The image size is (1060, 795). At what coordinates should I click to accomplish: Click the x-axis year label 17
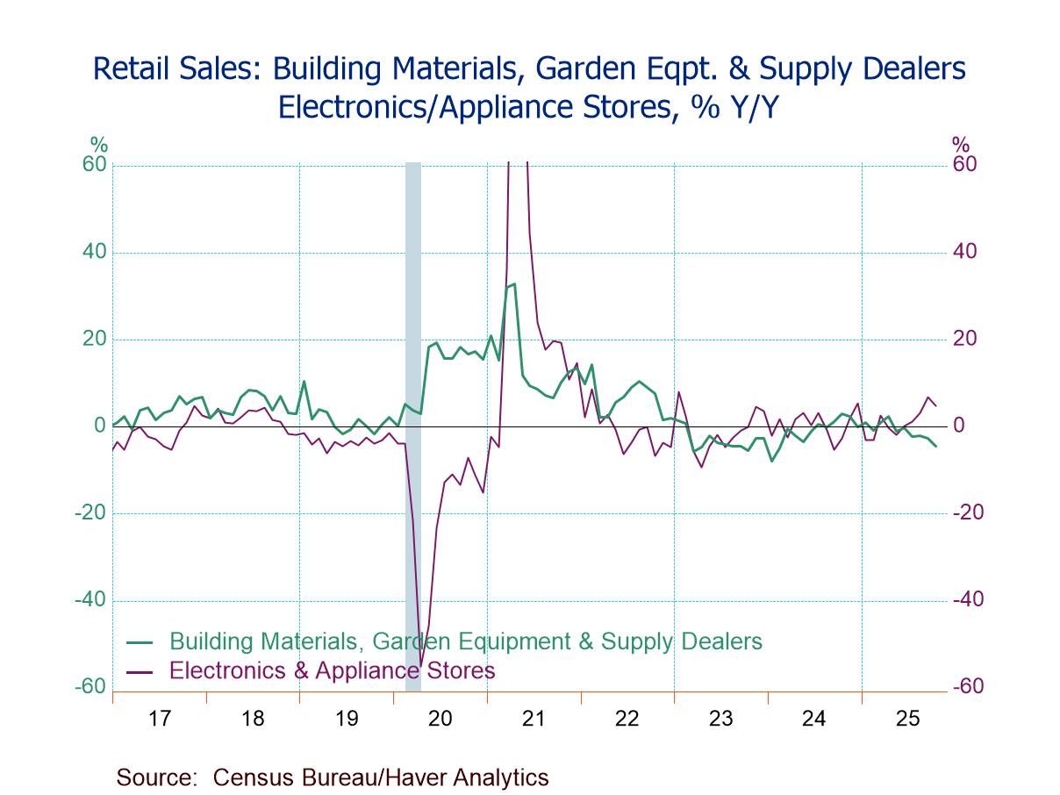[159, 719]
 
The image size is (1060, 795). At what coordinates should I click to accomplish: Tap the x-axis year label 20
[440, 719]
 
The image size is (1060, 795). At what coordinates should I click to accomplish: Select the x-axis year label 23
[720, 719]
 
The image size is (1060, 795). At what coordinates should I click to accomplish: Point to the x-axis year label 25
[907, 719]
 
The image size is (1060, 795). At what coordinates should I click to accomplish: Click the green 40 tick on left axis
[94, 253]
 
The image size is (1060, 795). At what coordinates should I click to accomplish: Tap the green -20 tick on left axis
[90, 513]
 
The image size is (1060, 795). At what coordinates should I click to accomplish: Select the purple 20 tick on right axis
[963, 339]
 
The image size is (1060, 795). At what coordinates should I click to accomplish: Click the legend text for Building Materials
[465, 641]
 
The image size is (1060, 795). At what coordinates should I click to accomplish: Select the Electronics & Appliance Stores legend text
[332, 670]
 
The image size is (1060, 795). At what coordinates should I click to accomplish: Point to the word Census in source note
[250, 777]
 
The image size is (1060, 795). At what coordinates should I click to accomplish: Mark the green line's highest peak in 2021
[514, 283]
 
